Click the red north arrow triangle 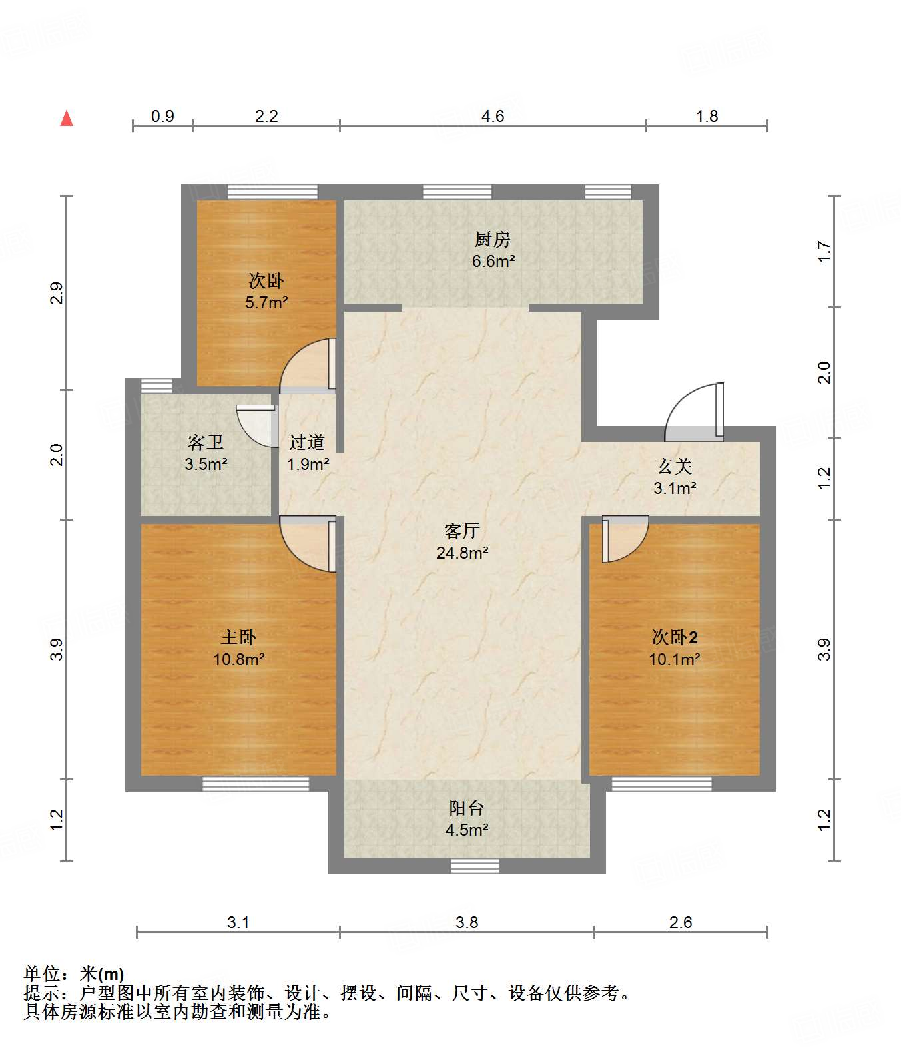(67, 119)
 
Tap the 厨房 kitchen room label (493, 239)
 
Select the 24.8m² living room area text (462, 553)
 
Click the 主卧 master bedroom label (238, 637)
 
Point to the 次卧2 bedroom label (675, 637)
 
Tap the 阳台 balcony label (466, 808)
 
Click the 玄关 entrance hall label (674, 466)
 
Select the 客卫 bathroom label (205, 442)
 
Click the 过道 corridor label (307, 442)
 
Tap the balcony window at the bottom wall (475, 866)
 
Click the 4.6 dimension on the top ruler (493, 117)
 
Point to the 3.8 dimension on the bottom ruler (467, 922)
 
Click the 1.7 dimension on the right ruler (824, 251)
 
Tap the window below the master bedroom (256, 784)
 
